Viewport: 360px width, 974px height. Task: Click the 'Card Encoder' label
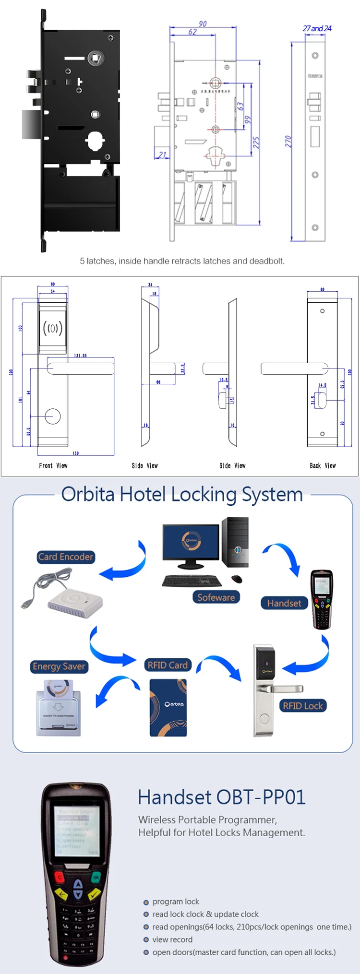(66, 557)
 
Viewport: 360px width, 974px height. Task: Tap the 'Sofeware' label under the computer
(216, 597)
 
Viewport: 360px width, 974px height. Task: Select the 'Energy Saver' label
(59, 666)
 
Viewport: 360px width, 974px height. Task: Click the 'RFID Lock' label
(302, 705)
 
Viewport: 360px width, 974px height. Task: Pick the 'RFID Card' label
(168, 665)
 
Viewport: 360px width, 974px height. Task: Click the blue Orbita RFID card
(168, 707)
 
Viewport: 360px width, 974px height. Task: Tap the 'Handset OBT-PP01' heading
(221, 797)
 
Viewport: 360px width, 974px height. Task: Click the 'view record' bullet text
(172, 939)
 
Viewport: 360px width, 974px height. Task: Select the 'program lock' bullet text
(176, 902)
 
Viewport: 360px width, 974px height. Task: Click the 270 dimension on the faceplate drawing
(288, 141)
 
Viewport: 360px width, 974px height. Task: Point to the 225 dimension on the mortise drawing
(256, 143)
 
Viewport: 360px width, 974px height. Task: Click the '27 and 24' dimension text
(317, 28)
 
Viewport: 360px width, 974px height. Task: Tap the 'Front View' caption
(53, 465)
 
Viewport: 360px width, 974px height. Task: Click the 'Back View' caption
(323, 465)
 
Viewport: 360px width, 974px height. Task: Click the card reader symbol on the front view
(53, 328)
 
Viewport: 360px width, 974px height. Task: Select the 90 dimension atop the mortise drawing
(203, 24)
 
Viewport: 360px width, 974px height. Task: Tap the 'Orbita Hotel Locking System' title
(182, 494)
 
